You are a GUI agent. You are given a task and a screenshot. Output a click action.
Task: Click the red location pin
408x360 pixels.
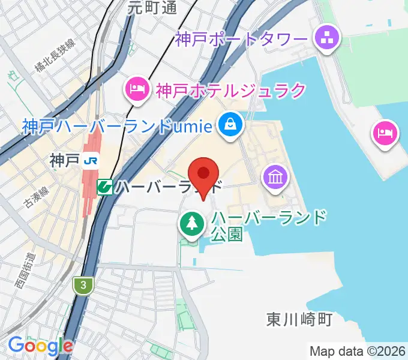[203, 175]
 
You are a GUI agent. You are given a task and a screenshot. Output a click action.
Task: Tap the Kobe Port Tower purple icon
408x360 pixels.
[328, 40]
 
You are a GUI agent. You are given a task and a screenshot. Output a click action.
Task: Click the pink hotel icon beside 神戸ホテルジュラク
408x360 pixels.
[137, 90]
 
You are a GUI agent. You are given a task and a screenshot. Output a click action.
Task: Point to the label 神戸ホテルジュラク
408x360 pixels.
[230, 91]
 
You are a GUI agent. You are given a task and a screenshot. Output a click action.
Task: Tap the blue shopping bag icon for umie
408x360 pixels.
[230, 125]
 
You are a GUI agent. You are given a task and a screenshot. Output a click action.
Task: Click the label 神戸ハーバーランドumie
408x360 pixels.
[118, 126]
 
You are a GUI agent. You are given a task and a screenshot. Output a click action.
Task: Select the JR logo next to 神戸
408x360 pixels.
[91, 160]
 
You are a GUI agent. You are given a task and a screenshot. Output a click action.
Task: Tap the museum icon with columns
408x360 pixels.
[275, 178]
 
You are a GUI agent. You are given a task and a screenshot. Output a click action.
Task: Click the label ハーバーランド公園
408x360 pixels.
[269, 224]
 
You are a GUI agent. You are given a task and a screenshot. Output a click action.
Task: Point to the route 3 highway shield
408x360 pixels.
[84, 286]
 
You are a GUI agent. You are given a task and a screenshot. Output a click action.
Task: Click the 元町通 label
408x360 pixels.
[152, 8]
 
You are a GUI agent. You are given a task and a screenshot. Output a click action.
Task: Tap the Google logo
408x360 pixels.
[40, 345]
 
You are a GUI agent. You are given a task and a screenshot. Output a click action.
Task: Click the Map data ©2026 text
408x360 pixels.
[358, 351]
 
